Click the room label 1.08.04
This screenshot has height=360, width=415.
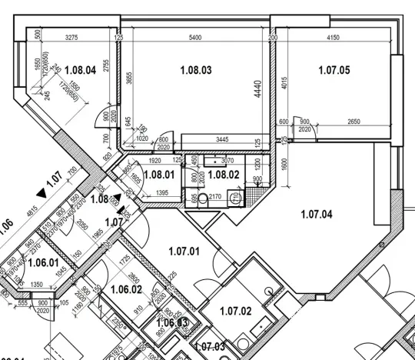tap(80, 70)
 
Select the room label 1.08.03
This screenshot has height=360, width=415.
tap(196, 70)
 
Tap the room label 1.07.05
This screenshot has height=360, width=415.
tap(334, 70)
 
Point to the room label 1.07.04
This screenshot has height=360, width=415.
tap(316, 215)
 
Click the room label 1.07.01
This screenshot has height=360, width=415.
tap(184, 250)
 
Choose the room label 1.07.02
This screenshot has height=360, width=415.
tap(235, 311)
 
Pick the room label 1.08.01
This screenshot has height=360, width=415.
tap(160, 174)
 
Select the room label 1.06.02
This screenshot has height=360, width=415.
tap(127, 289)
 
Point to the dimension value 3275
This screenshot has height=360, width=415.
tap(71, 37)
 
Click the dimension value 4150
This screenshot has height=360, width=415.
tap(334, 37)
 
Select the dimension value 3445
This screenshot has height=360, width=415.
tap(222, 139)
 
